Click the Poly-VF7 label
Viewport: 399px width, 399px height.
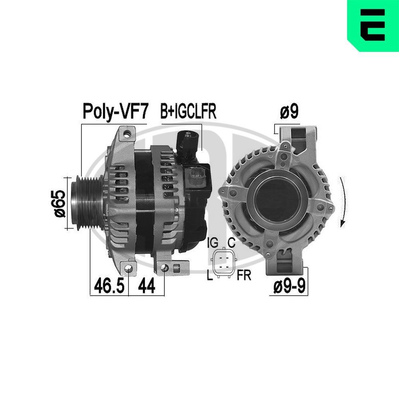pyautogui.click(x=115, y=112)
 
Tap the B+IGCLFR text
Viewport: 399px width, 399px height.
pyautogui.click(x=188, y=112)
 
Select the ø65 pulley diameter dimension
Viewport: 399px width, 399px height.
pyautogui.click(x=58, y=203)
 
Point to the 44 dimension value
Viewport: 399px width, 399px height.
pyautogui.click(x=146, y=286)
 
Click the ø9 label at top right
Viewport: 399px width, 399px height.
pyautogui.click(x=289, y=112)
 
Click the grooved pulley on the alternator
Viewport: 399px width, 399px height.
pyautogui.click(x=84, y=202)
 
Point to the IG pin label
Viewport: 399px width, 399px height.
pyautogui.click(x=213, y=242)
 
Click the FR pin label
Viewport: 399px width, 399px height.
pyautogui.click(x=243, y=275)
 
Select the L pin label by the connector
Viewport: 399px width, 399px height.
pyautogui.click(x=210, y=275)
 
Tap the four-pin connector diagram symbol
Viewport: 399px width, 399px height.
pyautogui.click(x=224, y=263)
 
